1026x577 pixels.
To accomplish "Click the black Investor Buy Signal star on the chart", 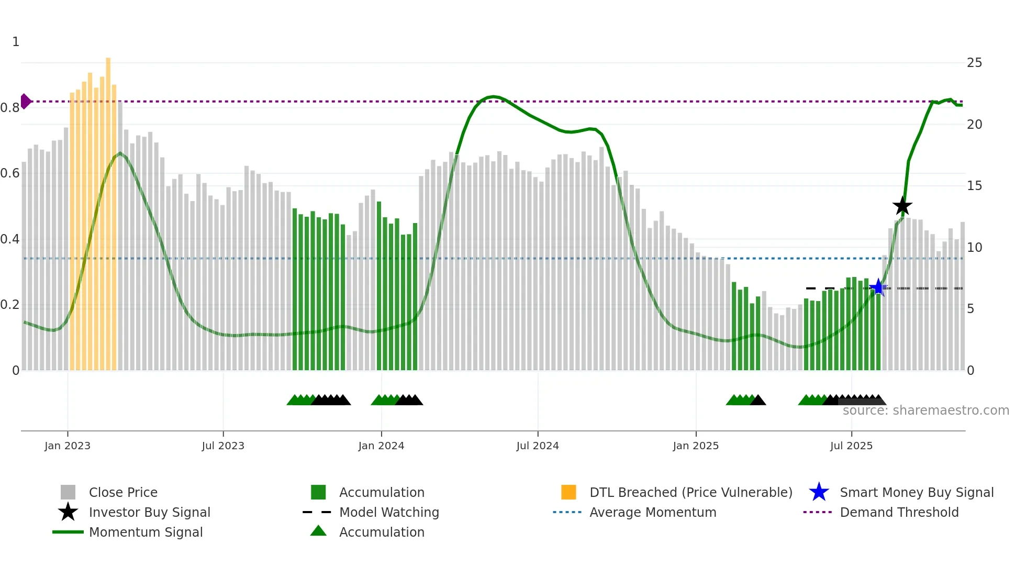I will pos(902,206).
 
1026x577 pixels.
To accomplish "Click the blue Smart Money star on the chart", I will pos(878,287).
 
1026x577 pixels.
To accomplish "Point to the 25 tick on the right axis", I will pos(974,63).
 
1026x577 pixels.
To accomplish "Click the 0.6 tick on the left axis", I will pos(10,173).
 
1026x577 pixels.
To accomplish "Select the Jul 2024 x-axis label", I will pos(538,446).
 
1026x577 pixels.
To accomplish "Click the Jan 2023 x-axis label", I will pos(68,446).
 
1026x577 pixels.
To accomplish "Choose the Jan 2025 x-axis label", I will pos(696,446).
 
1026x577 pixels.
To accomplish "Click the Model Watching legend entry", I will pos(388,512).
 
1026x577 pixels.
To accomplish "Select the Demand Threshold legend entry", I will pos(899,512).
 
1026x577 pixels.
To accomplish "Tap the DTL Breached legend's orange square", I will pos(568,492).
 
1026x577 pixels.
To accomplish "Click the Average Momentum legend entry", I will pos(652,512).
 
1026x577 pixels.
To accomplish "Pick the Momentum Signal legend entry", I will pos(146,532).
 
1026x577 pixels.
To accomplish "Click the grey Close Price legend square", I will pos(68,492).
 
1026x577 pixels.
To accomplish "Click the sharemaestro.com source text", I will pos(925,410).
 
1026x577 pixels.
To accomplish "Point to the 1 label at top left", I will pos(16,42).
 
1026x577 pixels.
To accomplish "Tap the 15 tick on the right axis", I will pos(974,186).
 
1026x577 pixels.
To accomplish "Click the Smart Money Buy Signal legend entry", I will pos(916,492).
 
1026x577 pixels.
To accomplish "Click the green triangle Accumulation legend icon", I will pos(318,531).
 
